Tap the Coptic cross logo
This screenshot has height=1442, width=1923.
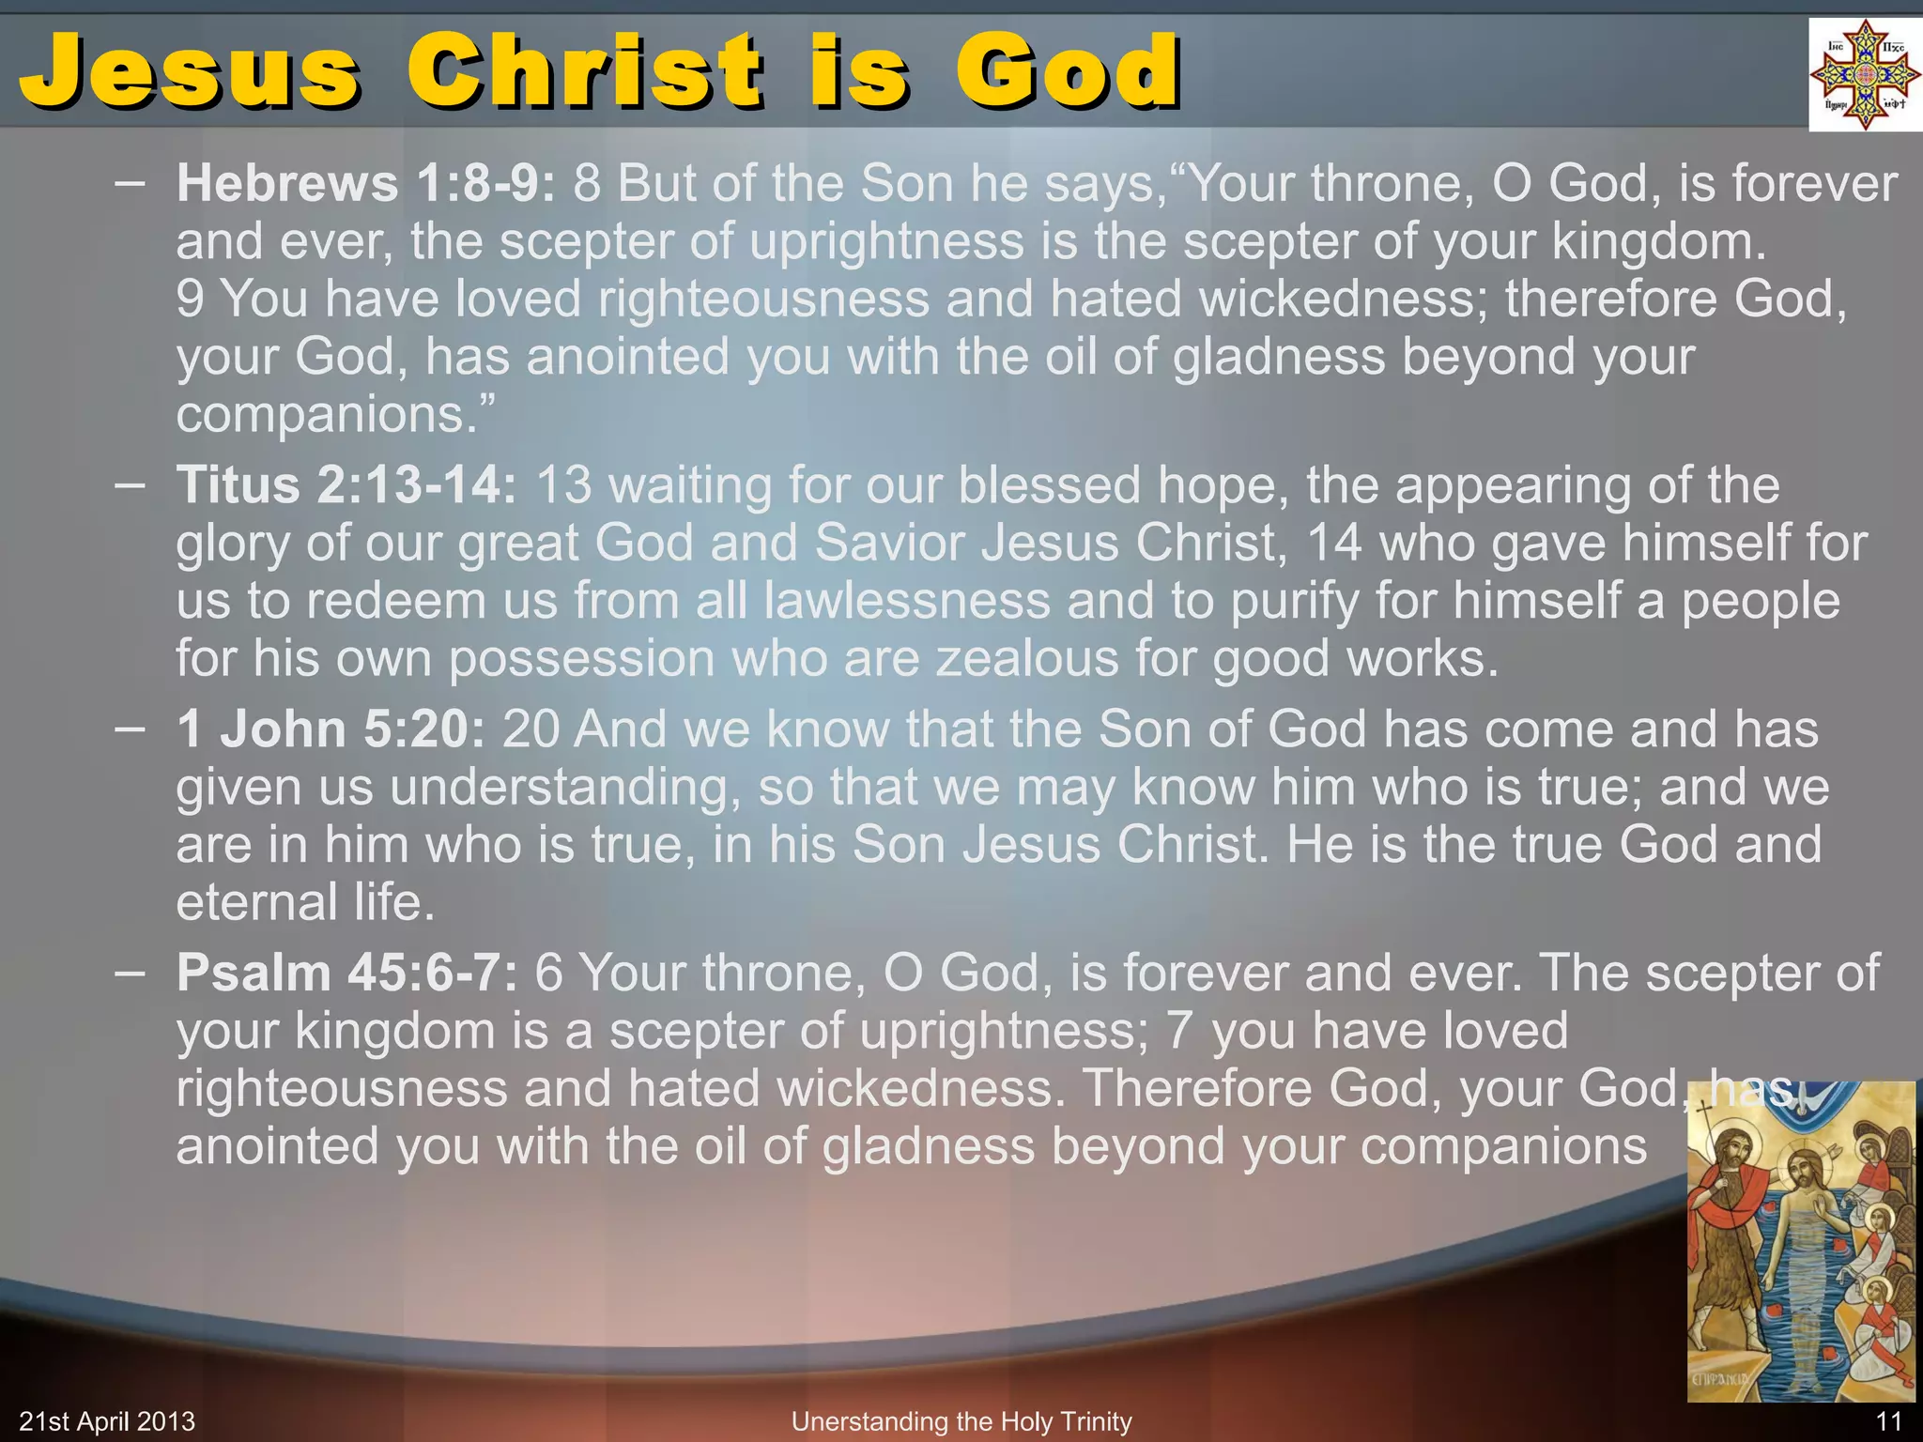(1864, 75)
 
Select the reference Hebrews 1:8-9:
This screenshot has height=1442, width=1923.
(365, 183)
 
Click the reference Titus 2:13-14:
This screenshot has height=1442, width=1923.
(346, 485)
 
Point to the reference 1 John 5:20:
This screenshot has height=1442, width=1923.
(331, 729)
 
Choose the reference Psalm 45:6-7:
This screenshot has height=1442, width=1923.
(346, 973)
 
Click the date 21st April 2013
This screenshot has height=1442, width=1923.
(107, 1421)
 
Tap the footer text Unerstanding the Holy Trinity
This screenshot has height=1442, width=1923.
(961, 1421)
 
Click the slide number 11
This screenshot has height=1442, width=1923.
(1888, 1421)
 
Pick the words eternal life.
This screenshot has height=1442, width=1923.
(305, 903)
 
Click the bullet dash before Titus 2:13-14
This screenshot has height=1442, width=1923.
(130, 485)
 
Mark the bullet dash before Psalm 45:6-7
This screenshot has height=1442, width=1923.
(130, 973)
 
